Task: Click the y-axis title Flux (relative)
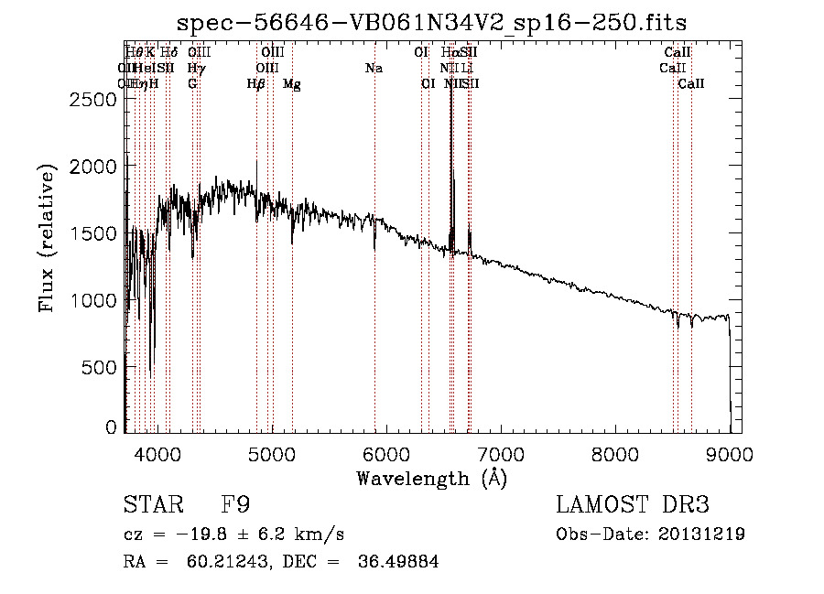click(x=46, y=237)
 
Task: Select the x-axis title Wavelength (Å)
click(x=431, y=478)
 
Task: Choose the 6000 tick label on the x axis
click(x=385, y=452)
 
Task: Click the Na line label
click(x=374, y=69)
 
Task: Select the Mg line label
click(x=292, y=84)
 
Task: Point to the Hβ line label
click(x=256, y=84)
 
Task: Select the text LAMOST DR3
click(x=633, y=505)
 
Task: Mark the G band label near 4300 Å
click(x=192, y=84)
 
